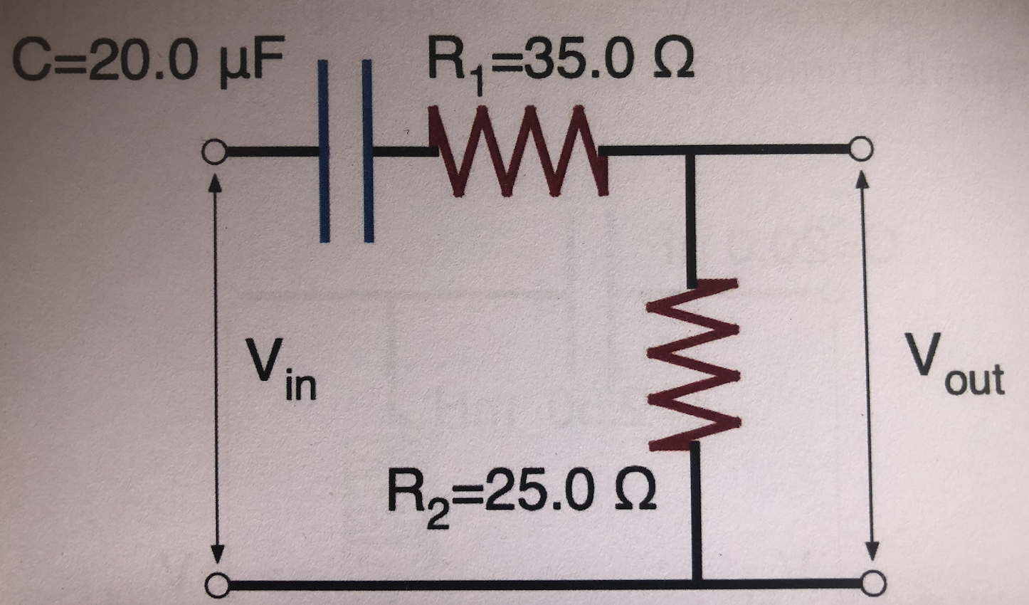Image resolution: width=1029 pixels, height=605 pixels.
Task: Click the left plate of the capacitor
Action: (324, 152)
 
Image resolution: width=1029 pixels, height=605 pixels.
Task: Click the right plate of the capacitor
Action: (368, 152)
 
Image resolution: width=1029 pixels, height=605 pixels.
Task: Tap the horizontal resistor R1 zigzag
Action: (518, 151)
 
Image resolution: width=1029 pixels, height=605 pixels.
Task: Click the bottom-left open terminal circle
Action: (216, 585)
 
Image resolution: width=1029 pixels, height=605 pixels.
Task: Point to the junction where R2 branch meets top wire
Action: (690, 150)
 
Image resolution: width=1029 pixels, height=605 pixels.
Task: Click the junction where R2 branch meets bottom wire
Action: (697, 584)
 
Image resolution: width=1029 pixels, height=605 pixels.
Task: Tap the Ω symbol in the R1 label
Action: (672, 65)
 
